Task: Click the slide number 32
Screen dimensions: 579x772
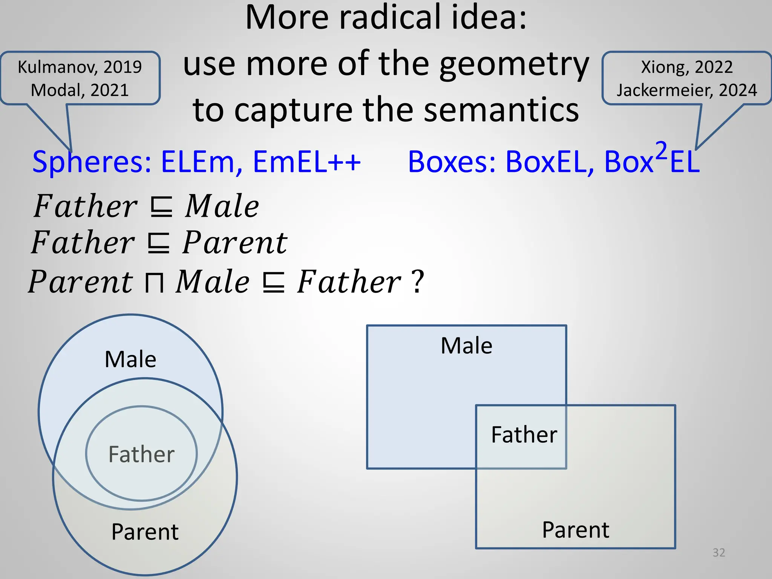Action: (x=718, y=553)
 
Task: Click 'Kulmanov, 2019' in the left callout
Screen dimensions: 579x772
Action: (x=80, y=67)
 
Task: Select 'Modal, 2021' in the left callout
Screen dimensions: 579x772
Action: (x=80, y=90)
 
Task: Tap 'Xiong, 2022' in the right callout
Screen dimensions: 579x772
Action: (x=686, y=67)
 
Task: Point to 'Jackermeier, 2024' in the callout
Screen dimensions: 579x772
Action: (x=686, y=90)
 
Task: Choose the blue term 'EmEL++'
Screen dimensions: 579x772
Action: (x=306, y=162)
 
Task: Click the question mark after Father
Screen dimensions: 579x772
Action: (x=418, y=282)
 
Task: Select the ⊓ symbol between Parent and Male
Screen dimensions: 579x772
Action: (x=154, y=283)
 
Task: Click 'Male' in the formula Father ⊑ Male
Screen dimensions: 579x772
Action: (x=222, y=206)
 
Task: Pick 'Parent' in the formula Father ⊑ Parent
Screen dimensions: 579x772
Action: (x=235, y=243)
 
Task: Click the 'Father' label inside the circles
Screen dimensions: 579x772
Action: (x=141, y=454)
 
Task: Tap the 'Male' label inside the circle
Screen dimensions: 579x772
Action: (x=130, y=359)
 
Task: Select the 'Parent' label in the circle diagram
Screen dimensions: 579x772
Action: (x=145, y=532)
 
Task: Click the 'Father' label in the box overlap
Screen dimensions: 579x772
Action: (x=524, y=434)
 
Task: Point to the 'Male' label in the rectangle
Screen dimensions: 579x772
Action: (x=466, y=345)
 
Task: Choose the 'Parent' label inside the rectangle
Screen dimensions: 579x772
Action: (x=575, y=530)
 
